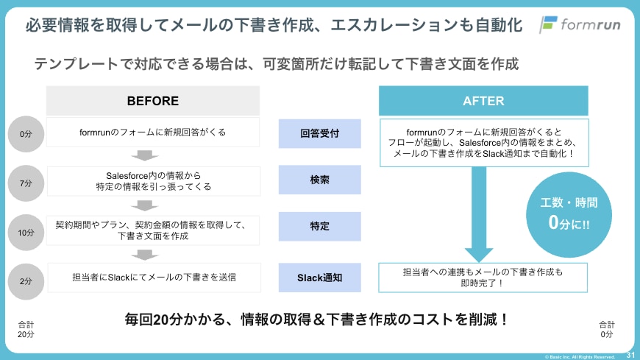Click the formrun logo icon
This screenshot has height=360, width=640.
click(x=548, y=24)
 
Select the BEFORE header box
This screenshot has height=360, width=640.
click(x=152, y=101)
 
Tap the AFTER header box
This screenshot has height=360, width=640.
click(x=483, y=101)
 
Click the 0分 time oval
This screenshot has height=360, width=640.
click(x=26, y=133)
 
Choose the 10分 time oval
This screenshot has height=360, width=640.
click(x=26, y=233)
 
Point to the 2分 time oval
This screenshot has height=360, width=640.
click(x=26, y=281)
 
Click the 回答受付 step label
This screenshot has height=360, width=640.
click(x=320, y=133)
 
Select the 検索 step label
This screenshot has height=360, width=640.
click(x=320, y=180)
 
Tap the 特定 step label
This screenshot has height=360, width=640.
click(x=320, y=227)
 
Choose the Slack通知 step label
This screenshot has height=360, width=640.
click(x=320, y=278)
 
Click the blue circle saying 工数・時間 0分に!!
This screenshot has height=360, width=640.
click(x=569, y=213)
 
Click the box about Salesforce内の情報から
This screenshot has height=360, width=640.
click(x=153, y=181)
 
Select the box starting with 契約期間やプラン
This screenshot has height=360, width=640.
click(x=153, y=229)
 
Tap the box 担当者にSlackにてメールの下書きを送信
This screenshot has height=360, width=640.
click(x=154, y=278)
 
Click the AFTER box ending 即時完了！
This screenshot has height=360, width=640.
click(x=483, y=278)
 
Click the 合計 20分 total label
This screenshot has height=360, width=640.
click(x=26, y=329)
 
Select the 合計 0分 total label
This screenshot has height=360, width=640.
click(x=607, y=329)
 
